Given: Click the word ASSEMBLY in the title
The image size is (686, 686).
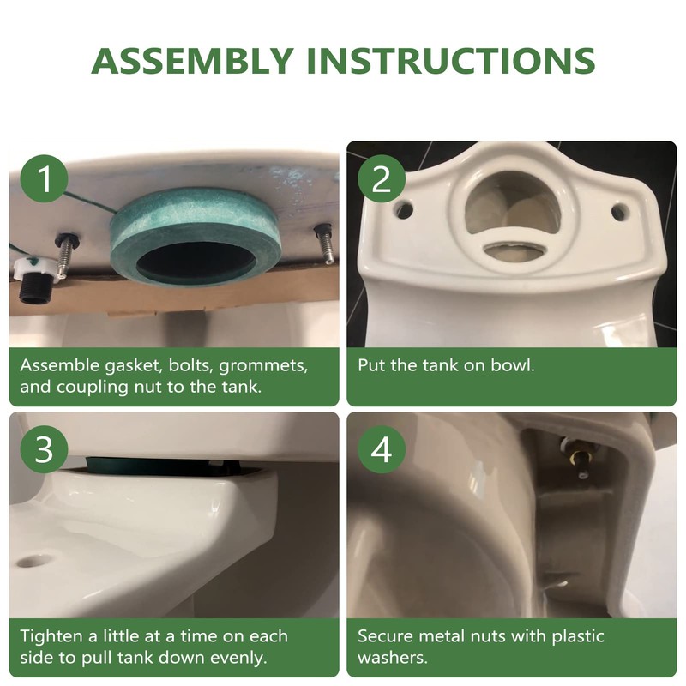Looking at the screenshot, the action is [x=192, y=60].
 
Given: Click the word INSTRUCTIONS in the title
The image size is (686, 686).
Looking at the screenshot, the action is [x=451, y=60].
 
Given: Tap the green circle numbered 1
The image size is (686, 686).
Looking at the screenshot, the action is [x=45, y=178].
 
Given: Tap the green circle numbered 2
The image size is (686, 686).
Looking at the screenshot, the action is [x=382, y=178].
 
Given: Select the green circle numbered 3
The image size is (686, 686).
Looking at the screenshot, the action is [x=45, y=449].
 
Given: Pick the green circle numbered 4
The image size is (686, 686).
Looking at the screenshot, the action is [x=382, y=449].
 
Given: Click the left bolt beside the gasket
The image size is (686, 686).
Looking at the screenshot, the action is [x=66, y=255].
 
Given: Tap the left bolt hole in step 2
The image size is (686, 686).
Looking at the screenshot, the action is [x=404, y=209].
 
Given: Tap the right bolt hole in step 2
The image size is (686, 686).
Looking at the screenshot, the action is [x=619, y=212].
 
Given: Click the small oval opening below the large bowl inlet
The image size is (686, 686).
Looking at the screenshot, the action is [x=514, y=250].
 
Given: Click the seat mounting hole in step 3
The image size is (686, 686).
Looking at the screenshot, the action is [x=31, y=562].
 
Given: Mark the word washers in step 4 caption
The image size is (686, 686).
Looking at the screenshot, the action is [x=393, y=658].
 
